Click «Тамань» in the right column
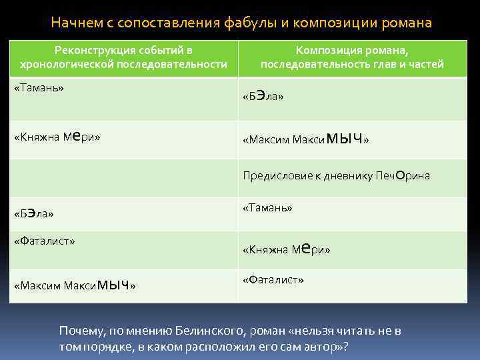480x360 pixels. [x=267, y=207]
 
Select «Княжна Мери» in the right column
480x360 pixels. [x=287, y=249]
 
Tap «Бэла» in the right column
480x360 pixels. [x=263, y=97]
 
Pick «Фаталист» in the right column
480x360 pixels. [x=273, y=279]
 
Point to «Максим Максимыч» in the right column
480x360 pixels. [x=305, y=139]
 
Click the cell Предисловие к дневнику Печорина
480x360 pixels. [x=336, y=176]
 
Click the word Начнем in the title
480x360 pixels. [x=75, y=23]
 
